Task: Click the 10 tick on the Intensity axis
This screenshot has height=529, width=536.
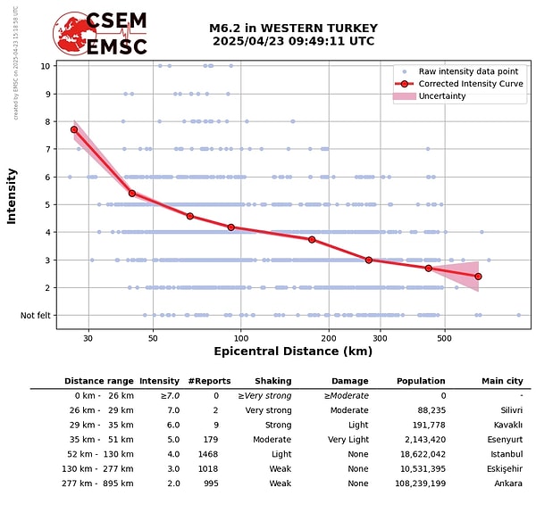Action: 45,65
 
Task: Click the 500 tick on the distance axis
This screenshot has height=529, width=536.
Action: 444,339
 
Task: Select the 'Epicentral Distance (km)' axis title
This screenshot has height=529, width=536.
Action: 293,351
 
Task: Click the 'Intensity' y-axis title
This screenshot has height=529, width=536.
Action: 12,195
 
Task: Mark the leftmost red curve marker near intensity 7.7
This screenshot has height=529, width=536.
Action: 74,129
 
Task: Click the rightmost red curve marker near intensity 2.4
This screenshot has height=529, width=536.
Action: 478,277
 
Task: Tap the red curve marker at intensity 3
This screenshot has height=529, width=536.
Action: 368,260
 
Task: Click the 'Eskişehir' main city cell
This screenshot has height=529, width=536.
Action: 502,469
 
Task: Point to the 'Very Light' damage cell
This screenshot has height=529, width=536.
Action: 348,440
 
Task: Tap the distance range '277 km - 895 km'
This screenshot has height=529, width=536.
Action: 98,484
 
